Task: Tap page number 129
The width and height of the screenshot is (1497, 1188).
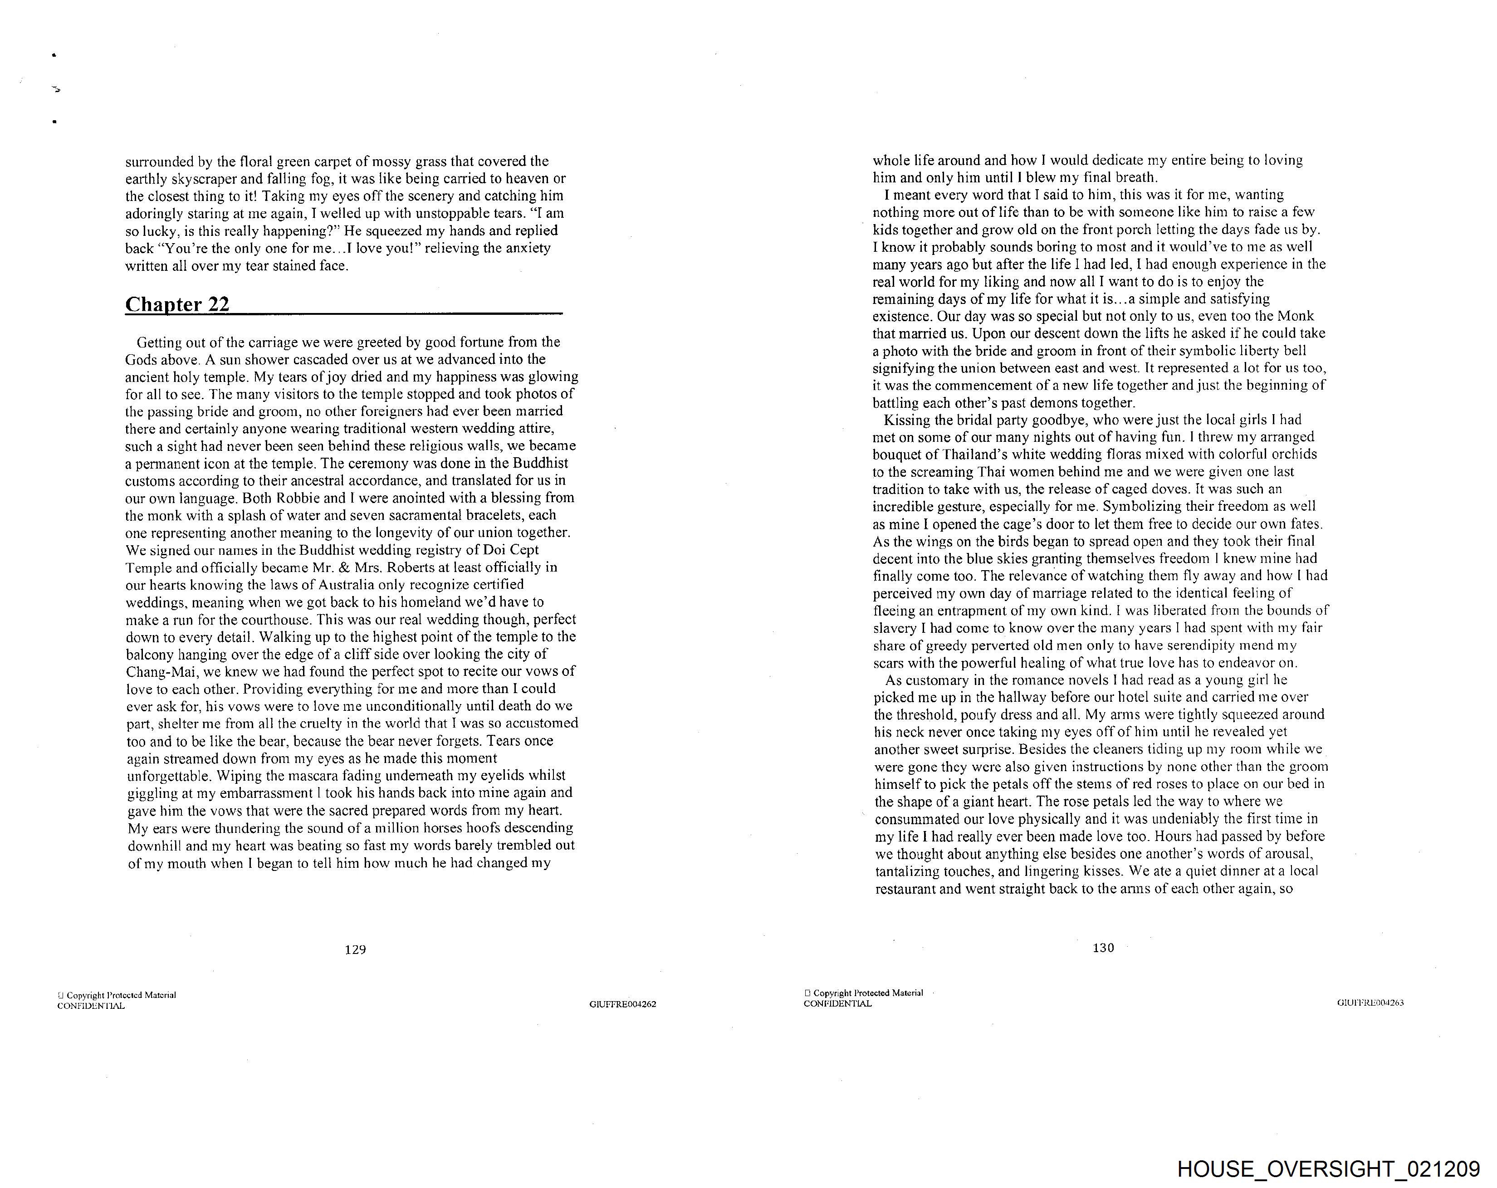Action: [x=355, y=949]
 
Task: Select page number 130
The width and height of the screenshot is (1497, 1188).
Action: [x=1103, y=947]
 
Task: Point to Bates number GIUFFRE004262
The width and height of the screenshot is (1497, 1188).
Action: [x=622, y=1004]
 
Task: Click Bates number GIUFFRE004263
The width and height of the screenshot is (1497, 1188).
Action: [x=1370, y=1002]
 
